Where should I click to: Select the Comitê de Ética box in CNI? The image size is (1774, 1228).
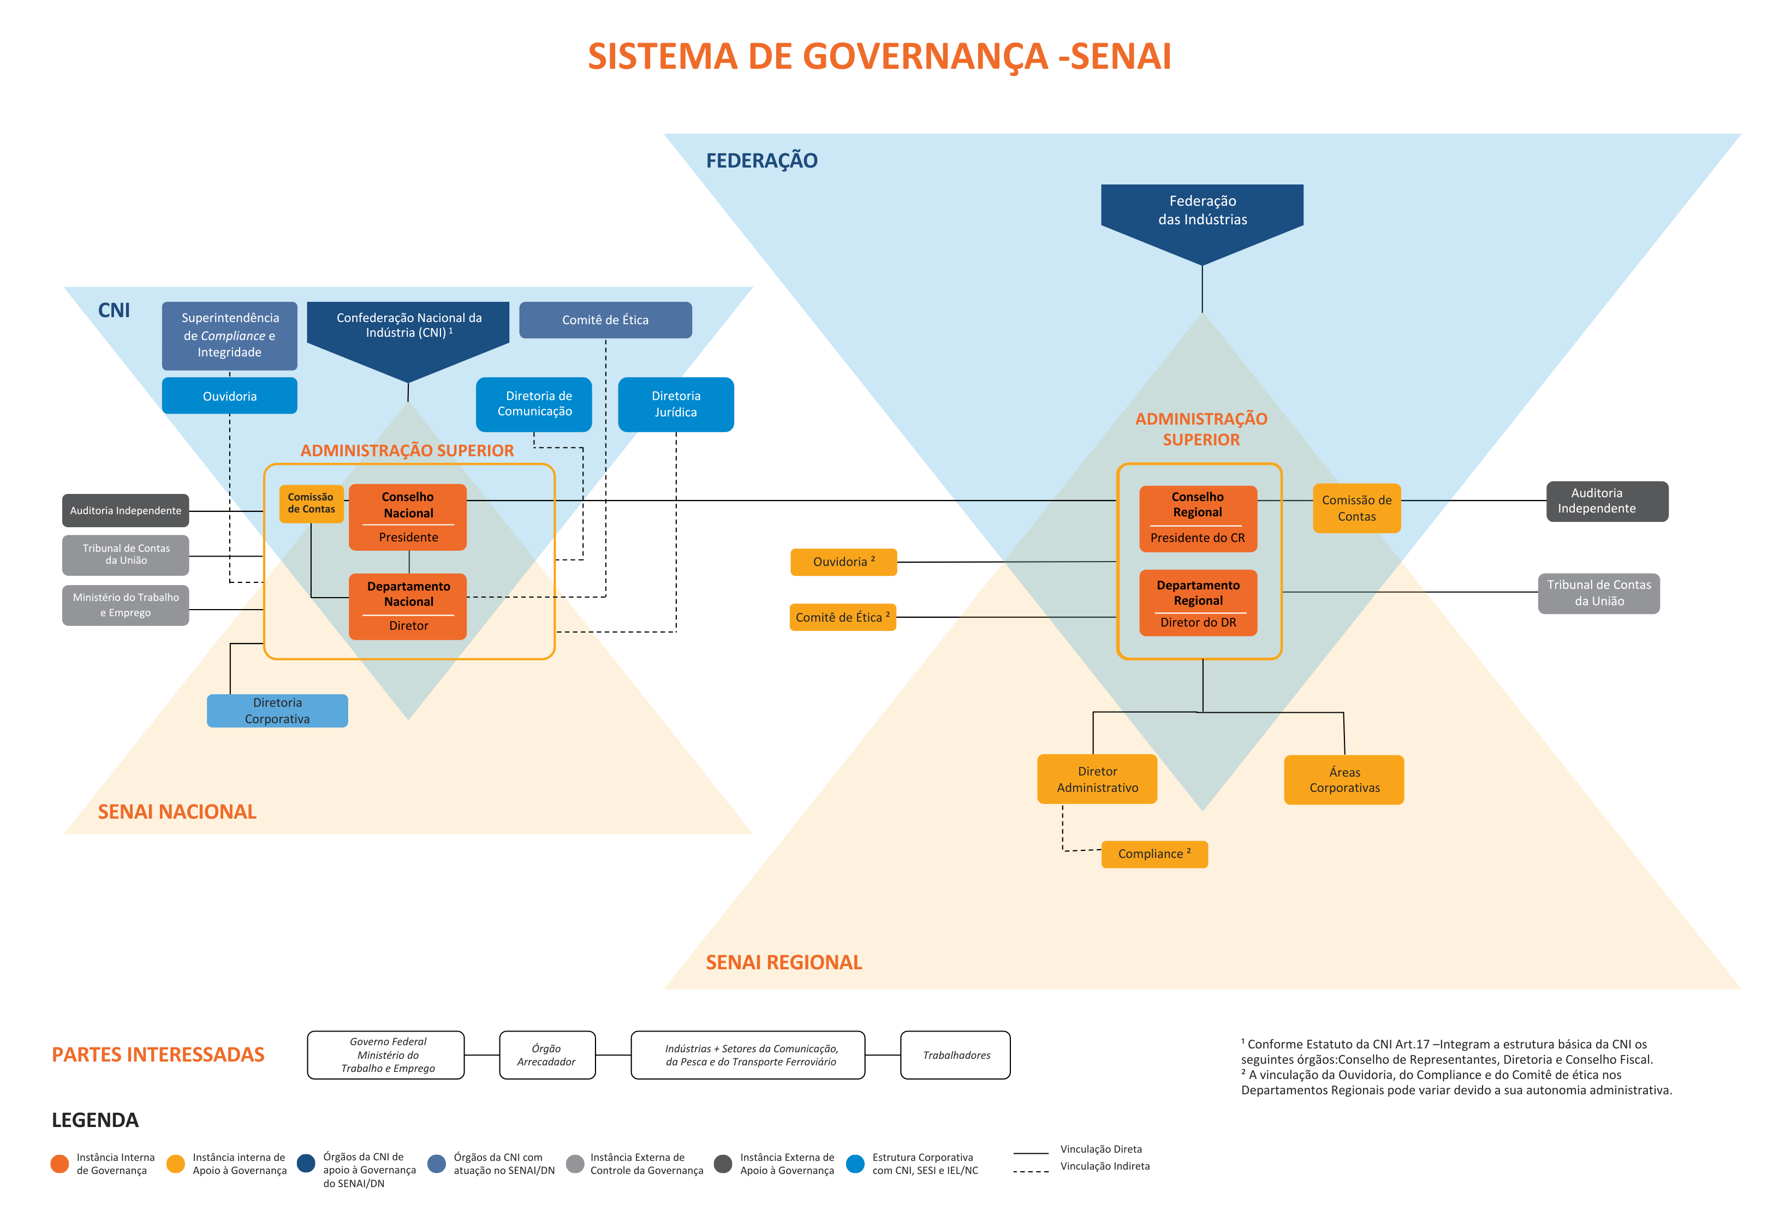pyautogui.click(x=605, y=320)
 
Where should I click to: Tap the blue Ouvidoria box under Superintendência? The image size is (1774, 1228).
pyautogui.click(x=229, y=396)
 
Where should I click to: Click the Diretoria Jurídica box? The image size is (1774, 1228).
pyautogui.click(x=675, y=404)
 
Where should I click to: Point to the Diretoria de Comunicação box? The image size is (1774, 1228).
pyautogui.click(x=534, y=404)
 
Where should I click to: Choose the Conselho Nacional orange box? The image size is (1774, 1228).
pyautogui.click(x=408, y=516)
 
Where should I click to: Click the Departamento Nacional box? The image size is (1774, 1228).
pyautogui.click(x=408, y=605)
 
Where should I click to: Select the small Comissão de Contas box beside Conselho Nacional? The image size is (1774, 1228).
pyautogui.click(x=311, y=504)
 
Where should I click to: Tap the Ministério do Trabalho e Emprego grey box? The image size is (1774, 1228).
pyautogui.click(x=126, y=605)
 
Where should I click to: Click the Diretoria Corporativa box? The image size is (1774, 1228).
pyautogui.click(x=277, y=710)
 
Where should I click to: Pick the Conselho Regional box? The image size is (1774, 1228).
pyautogui.click(x=1198, y=518)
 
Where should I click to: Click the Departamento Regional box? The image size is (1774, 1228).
pyautogui.click(x=1198, y=603)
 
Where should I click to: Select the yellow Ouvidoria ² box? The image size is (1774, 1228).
pyautogui.click(x=843, y=562)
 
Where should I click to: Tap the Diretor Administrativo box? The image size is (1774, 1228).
pyautogui.click(x=1097, y=779)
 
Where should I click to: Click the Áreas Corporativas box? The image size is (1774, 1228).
pyautogui.click(x=1344, y=779)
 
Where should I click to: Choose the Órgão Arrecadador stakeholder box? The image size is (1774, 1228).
pyautogui.click(x=546, y=1055)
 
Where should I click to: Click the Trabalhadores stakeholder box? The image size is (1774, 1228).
pyautogui.click(x=955, y=1055)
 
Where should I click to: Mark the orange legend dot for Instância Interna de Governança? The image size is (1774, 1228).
pyautogui.click(x=59, y=1164)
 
